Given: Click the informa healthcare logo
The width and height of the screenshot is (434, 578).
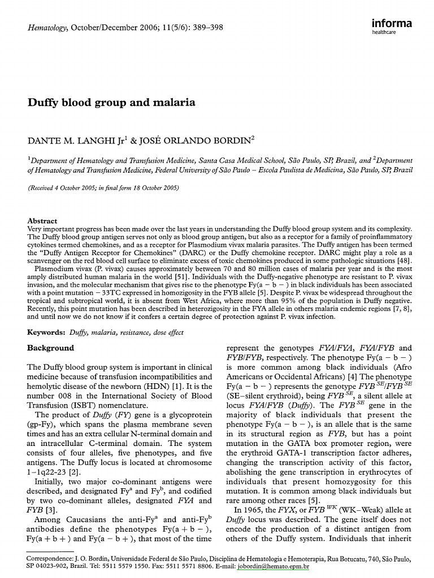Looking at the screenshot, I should (392, 27).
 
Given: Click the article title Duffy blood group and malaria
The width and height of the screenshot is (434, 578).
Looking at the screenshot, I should (111, 103).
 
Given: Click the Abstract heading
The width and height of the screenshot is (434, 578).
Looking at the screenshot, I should (42, 221).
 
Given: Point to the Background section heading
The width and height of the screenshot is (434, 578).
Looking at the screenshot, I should (51, 348).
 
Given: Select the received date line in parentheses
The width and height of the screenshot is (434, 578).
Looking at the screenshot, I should (103, 188).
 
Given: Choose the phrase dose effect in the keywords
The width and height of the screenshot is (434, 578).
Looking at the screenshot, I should (170, 333).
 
